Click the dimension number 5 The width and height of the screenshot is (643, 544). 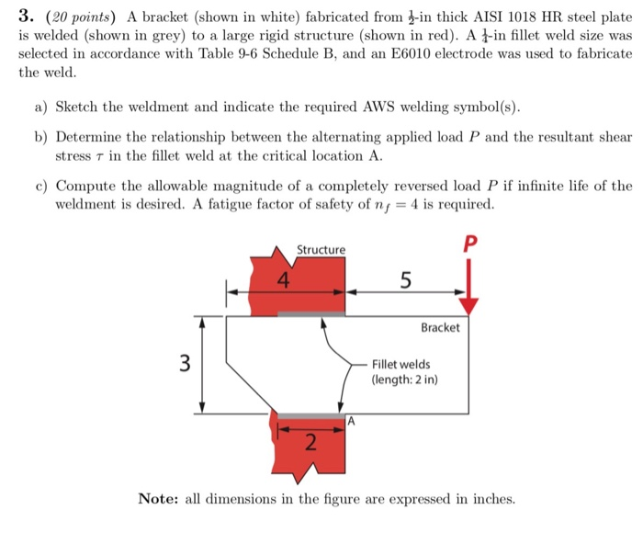[x=405, y=282]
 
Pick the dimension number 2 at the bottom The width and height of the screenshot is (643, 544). [x=310, y=444]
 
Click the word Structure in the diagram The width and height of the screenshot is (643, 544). [x=321, y=250]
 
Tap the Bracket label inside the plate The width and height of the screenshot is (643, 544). [x=440, y=327]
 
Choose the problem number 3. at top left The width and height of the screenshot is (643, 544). [x=28, y=16]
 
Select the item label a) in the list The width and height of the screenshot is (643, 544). [x=41, y=106]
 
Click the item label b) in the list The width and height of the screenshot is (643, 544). [x=41, y=137]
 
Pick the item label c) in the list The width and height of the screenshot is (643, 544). [x=41, y=186]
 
